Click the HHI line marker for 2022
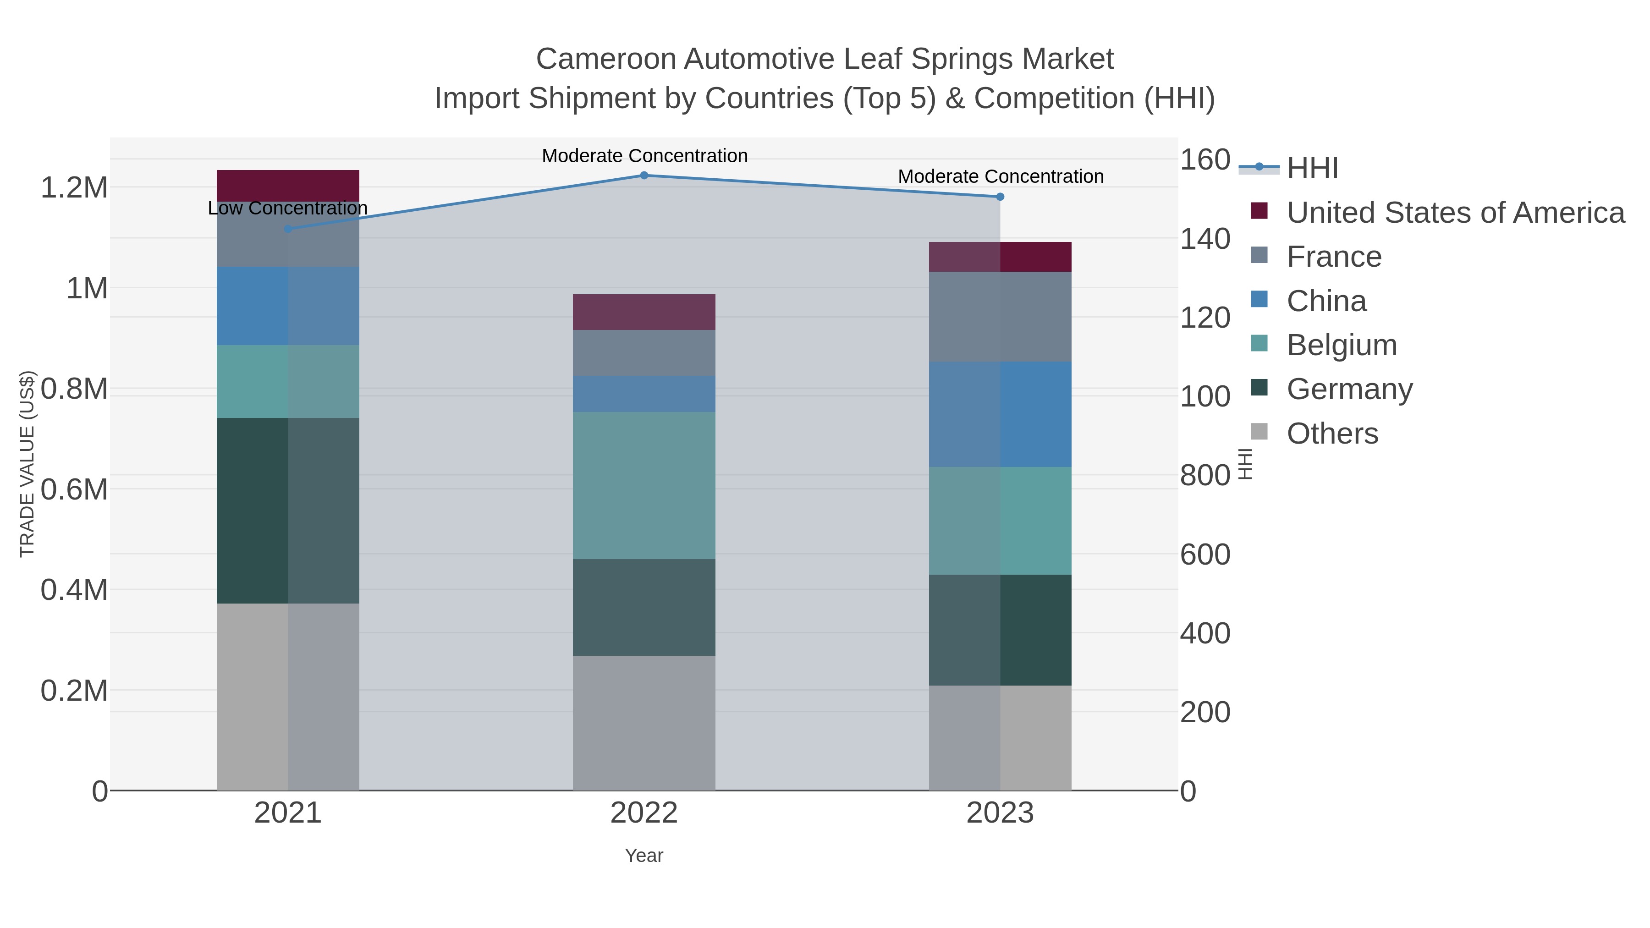(644, 176)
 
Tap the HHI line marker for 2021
(287, 229)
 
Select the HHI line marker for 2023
(1000, 197)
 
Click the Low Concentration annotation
(287, 208)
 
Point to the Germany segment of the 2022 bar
(644, 607)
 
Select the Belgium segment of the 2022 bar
(644, 485)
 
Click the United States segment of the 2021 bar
(287, 186)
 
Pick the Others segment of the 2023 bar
(1000, 738)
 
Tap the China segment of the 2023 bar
(1000, 414)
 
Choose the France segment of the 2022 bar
(644, 353)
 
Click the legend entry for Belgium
(1341, 345)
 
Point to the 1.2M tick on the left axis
(74, 187)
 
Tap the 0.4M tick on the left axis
(74, 590)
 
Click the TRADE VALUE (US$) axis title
(27, 464)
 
